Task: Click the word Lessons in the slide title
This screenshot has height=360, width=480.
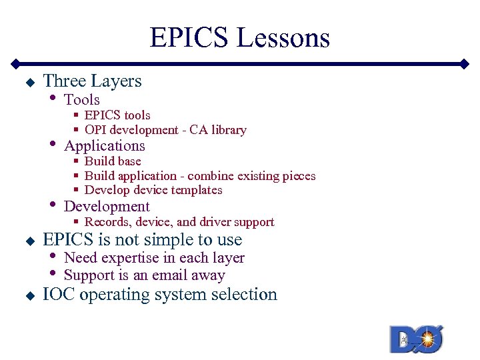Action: click(x=283, y=38)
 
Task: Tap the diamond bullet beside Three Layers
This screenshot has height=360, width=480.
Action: click(x=29, y=83)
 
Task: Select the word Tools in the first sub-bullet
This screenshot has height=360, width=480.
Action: click(x=82, y=100)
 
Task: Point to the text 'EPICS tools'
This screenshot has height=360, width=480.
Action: click(x=117, y=115)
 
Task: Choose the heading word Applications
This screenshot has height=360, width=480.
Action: click(x=105, y=146)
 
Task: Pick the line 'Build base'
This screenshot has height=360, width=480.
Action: click(x=113, y=161)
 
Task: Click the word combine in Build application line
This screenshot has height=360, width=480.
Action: click(x=209, y=176)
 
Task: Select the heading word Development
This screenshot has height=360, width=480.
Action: click(x=107, y=207)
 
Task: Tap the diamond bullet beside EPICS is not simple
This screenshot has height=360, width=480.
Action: click(x=29, y=241)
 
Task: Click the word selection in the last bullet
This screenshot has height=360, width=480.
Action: click(x=244, y=295)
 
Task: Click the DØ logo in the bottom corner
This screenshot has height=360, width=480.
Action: click(x=417, y=339)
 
